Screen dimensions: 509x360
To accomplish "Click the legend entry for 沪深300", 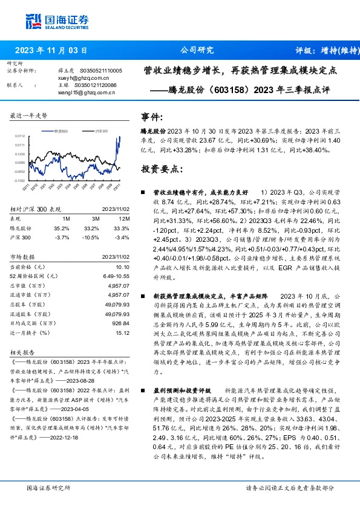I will pos(99,130).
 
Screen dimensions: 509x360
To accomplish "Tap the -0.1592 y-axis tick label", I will pos(20,180).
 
